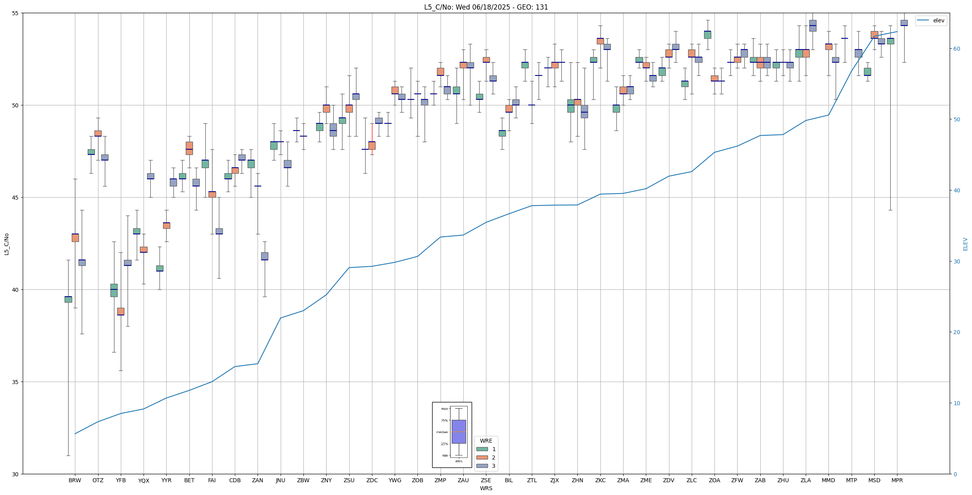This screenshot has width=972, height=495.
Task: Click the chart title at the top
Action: [486, 7]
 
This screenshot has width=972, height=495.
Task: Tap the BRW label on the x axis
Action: [75, 480]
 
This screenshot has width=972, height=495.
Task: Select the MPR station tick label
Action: [897, 480]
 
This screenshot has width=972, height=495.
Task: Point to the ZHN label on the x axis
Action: [577, 480]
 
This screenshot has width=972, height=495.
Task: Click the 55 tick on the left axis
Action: [16, 13]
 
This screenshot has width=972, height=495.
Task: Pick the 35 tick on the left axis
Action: [16, 382]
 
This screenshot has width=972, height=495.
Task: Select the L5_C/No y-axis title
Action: [6, 244]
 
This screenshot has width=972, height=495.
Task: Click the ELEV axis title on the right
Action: [965, 244]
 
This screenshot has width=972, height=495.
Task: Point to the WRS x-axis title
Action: [486, 488]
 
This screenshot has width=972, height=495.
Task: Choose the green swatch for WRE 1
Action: [482, 449]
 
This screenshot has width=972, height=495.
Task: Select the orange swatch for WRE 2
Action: [482, 457]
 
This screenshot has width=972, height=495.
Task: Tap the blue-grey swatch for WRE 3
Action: [482, 466]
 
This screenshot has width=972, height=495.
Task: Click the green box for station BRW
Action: [68, 299]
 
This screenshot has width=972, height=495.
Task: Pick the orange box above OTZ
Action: [98, 133]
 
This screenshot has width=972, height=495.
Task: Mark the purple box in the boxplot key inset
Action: [458, 432]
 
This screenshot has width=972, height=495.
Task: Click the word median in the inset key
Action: [442, 432]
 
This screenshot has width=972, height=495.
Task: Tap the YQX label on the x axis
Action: [144, 481]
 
